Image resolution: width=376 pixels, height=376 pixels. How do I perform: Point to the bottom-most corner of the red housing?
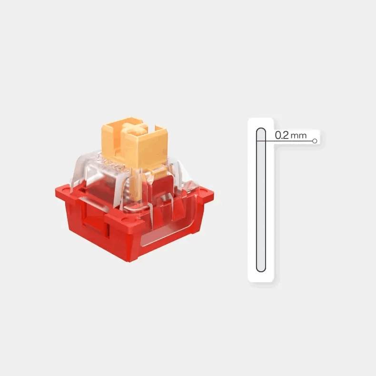[130, 261]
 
